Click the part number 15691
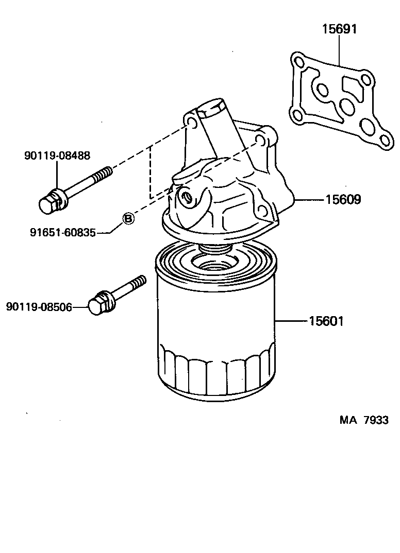[339, 29]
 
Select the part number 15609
[343, 200]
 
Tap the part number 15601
[326, 321]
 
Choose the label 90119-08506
[39, 307]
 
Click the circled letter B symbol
[128, 219]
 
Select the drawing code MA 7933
[363, 420]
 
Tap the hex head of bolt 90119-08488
[48, 203]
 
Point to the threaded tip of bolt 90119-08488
[105, 173]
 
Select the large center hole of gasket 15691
[347, 107]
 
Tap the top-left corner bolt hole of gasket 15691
[298, 62]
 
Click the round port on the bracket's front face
[186, 196]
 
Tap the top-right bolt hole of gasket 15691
[366, 80]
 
